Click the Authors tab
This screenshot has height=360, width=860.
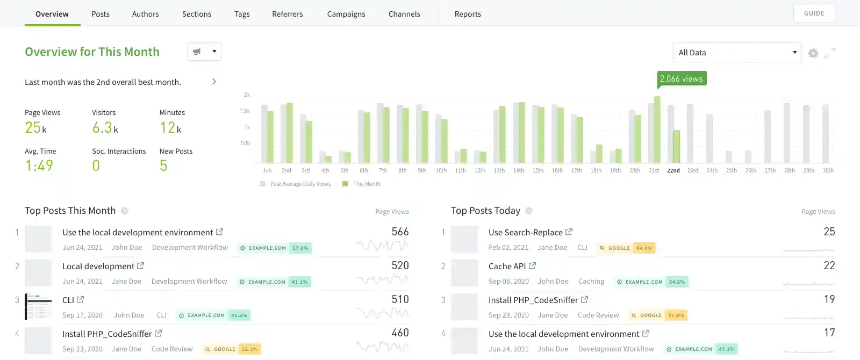click(x=145, y=14)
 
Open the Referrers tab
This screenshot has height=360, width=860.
click(x=287, y=14)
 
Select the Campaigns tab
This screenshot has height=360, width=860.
click(x=346, y=14)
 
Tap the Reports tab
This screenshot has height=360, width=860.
click(x=468, y=14)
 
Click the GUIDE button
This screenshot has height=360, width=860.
click(x=814, y=13)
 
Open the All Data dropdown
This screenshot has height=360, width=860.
click(x=737, y=53)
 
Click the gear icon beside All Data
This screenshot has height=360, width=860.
click(x=813, y=53)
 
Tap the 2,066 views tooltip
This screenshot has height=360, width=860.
click(x=681, y=78)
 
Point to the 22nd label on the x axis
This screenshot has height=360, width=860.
click(x=673, y=170)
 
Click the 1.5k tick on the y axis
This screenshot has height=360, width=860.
click(x=245, y=111)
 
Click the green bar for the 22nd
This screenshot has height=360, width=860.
click(x=676, y=146)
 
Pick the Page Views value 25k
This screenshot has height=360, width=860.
click(x=35, y=128)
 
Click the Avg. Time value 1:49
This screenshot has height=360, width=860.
click(x=39, y=165)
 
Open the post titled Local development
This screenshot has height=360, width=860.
click(x=98, y=266)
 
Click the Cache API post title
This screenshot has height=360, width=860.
click(x=507, y=266)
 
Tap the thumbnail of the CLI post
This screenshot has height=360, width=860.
click(x=38, y=307)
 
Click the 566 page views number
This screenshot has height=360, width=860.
click(x=400, y=232)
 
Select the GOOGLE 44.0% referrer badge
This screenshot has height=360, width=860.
click(x=626, y=248)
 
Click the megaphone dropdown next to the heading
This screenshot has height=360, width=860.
click(x=204, y=52)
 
